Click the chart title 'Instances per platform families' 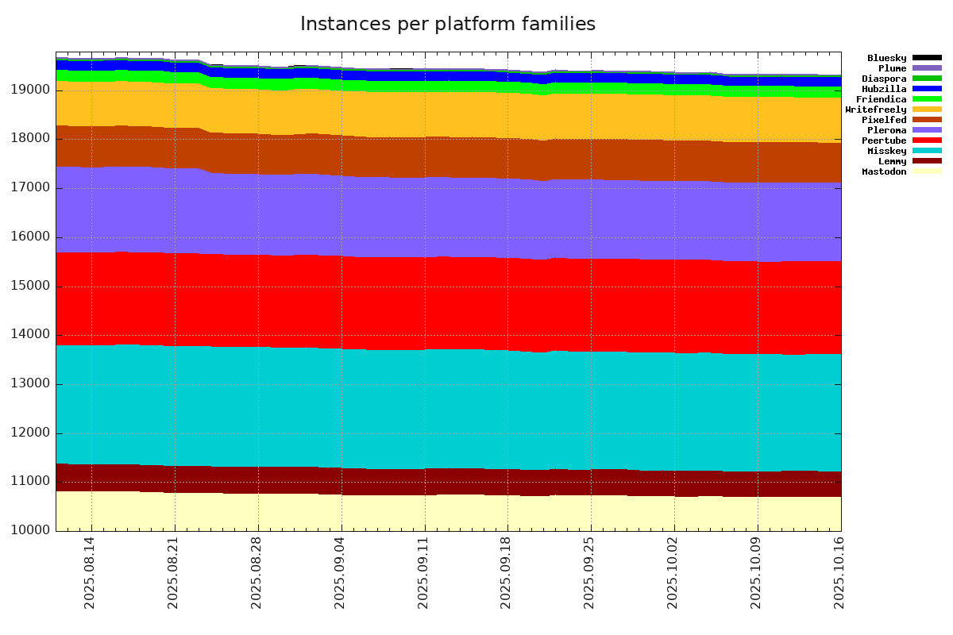click(x=447, y=25)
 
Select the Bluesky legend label click(x=886, y=58)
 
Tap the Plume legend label click(x=892, y=68)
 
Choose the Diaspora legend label click(x=884, y=79)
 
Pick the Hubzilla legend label click(x=884, y=89)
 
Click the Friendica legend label click(x=881, y=99)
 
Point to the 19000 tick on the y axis click(x=31, y=90)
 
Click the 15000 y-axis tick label click(x=31, y=287)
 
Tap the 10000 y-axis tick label click(x=31, y=531)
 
